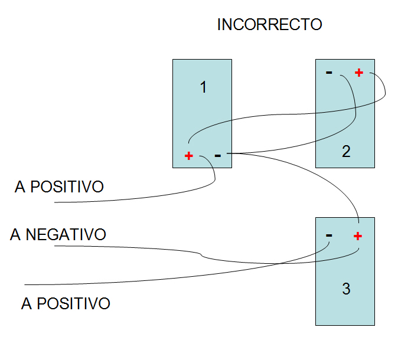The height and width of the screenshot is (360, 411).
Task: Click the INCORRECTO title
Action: click(x=269, y=25)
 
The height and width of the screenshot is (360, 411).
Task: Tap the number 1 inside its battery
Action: click(x=203, y=87)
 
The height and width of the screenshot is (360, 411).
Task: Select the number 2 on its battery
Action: click(x=346, y=152)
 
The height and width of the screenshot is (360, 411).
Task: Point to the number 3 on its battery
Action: click(x=346, y=289)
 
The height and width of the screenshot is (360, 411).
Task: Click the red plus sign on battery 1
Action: click(x=189, y=156)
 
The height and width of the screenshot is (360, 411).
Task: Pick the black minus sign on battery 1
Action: click(x=218, y=156)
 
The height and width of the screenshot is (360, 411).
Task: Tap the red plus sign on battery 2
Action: click(x=359, y=73)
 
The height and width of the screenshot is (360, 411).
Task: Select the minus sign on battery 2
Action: click(x=329, y=73)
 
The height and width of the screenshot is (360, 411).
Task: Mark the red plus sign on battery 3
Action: click(x=358, y=236)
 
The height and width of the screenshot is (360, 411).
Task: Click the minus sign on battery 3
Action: click(x=329, y=235)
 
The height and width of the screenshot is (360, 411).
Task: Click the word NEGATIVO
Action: click(x=66, y=234)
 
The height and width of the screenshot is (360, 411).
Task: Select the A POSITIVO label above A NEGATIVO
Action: click(x=59, y=187)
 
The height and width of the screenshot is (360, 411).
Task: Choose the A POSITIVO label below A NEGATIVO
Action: click(x=66, y=304)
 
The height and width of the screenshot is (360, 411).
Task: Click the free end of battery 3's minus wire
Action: click(x=25, y=284)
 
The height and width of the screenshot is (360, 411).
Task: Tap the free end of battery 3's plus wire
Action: click(x=54, y=246)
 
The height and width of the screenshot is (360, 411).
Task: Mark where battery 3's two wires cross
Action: click(x=278, y=263)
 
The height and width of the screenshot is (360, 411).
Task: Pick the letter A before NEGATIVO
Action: click(x=15, y=234)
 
